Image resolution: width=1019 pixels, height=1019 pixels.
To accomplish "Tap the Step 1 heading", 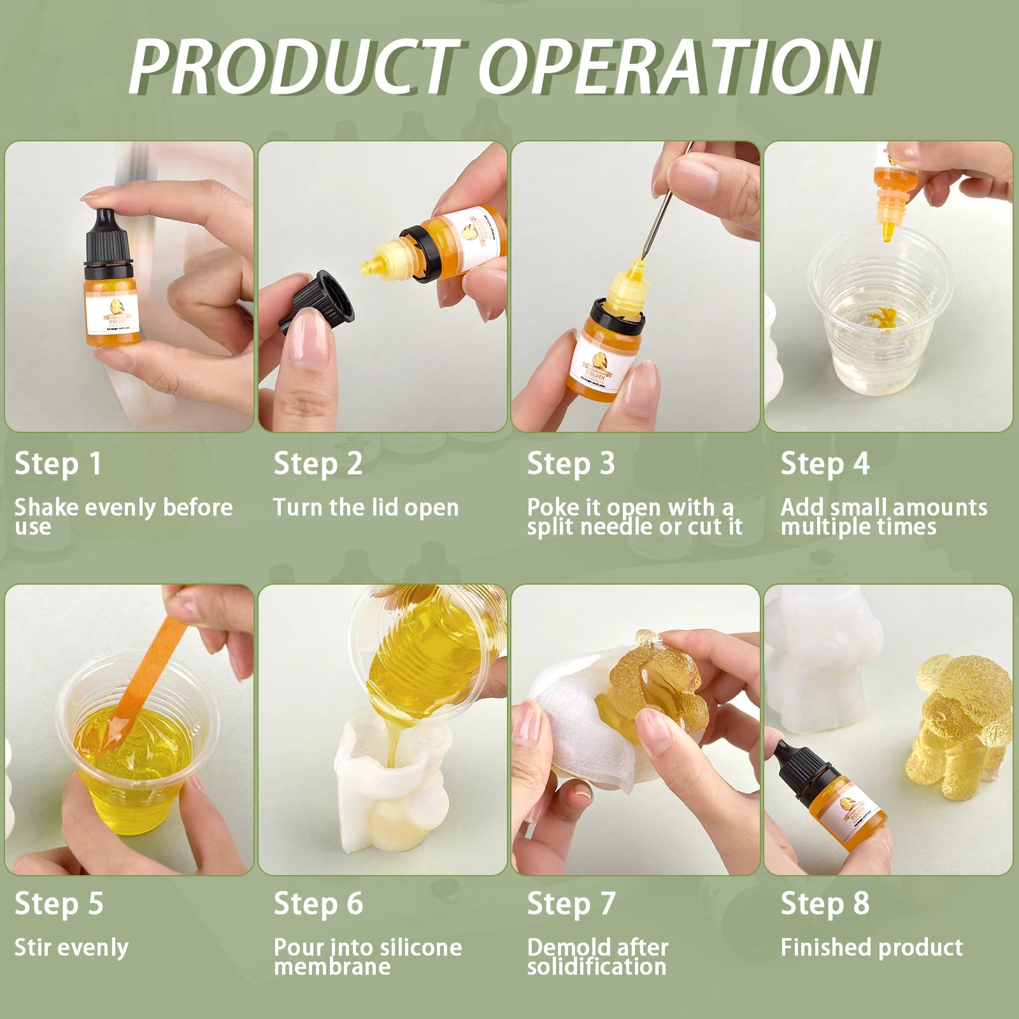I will (58, 464).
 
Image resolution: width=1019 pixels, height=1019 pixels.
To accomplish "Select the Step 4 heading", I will (825, 464).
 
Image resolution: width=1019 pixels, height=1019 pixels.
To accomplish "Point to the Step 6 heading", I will (318, 904).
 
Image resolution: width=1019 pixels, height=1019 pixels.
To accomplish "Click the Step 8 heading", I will (825, 904).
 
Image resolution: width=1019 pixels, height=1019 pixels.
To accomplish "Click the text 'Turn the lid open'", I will (366, 508).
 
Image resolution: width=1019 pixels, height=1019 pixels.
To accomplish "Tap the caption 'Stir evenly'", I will (71, 948).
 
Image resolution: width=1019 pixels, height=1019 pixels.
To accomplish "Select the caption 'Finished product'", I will (871, 948).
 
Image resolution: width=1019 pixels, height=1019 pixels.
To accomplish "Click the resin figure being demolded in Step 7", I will (650, 688).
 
